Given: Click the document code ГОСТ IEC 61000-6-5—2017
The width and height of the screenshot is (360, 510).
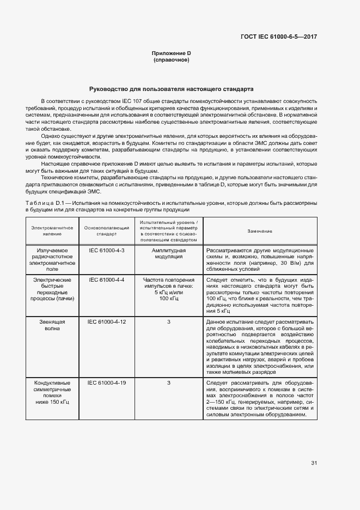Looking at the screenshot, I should pos(279,37).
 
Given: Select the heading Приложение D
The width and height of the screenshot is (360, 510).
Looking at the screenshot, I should pos(171,53).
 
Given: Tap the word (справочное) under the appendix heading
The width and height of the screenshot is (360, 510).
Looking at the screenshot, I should pos(171,59).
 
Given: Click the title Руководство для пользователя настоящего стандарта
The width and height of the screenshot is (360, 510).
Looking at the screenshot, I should pos(171,88).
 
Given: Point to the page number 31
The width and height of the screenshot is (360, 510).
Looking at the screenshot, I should pos(314,463).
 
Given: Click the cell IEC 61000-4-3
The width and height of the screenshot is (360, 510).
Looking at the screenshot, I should pos(106,250).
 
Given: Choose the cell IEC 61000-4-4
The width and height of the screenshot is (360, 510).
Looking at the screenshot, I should pos(106,280).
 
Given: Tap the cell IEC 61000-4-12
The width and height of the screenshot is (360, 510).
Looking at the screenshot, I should pos(106,322).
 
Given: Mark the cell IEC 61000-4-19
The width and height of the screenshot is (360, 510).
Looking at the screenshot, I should pos(106,383).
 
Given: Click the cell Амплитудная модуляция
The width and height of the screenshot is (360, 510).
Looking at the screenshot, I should pos(169,253).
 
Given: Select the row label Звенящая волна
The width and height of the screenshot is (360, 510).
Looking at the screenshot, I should pos(52,325).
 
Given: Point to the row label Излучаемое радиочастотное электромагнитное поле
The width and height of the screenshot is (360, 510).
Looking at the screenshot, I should pos(52,259).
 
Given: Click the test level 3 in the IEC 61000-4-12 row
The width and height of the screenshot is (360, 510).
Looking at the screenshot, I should pos(169,322).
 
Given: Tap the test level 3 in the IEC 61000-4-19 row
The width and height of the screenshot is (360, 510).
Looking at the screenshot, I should pos(169,383).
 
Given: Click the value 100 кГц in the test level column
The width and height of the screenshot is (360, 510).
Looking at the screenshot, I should pos(169,299).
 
